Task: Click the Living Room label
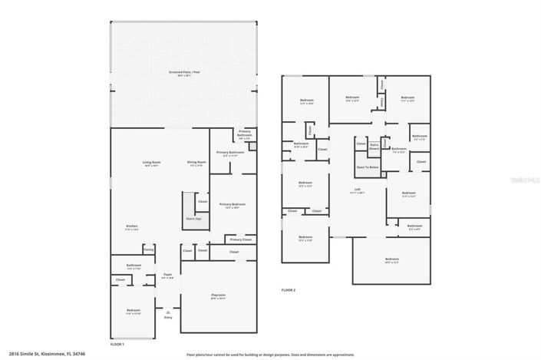pos(151,162)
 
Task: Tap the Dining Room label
pos(196,162)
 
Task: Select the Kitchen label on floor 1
pos(133,226)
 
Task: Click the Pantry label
pos(149,249)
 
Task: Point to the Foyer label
pos(167,275)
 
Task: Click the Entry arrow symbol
pos(167,312)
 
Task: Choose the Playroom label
pos(218,296)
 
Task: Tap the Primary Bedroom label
pos(233,204)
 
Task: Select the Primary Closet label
pos(240,239)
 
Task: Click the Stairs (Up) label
pos(193,219)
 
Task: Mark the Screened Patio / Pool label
pos(184,72)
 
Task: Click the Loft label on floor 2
pos(357,190)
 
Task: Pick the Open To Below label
pos(367,167)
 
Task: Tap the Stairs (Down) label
pos(374,145)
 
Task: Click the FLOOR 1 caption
pos(117,345)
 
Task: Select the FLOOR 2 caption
pos(288,289)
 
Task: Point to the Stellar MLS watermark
pos(522,177)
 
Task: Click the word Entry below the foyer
pos(167,317)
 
